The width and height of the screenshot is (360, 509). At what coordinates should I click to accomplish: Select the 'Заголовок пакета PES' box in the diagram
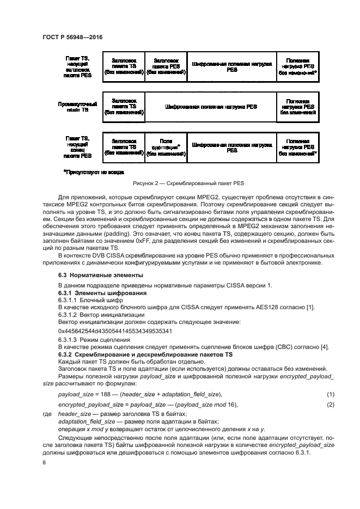tap(166, 66)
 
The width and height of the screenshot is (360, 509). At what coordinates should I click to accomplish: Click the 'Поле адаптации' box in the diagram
tap(166, 147)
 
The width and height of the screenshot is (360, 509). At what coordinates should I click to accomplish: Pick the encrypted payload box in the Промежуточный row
tap(211, 107)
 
